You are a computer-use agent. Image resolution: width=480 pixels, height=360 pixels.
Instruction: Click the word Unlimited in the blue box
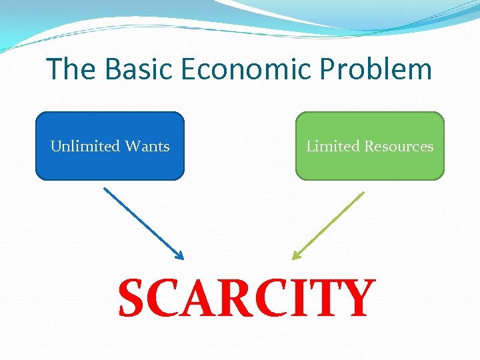point(85,146)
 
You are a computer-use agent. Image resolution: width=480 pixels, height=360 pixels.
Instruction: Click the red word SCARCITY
point(246,298)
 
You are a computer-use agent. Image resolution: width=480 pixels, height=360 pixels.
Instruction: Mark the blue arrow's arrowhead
point(179,255)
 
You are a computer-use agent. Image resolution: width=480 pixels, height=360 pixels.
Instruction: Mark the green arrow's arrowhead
point(297,255)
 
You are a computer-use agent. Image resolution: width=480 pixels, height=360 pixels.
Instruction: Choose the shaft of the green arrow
point(330,224)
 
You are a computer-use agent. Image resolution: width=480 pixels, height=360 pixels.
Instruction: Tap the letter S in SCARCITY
point(133,298)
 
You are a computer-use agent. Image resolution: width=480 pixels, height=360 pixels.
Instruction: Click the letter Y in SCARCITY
point(355,298)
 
